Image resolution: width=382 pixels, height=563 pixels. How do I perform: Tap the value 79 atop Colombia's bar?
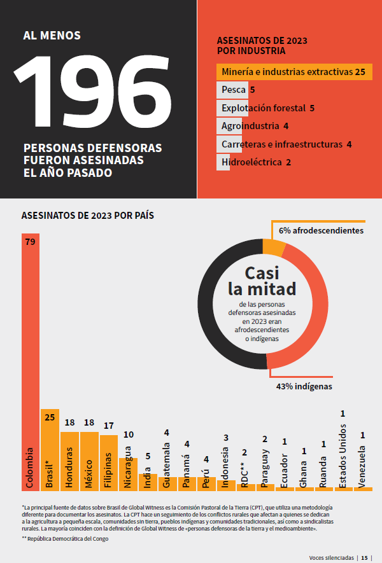coord(30,242)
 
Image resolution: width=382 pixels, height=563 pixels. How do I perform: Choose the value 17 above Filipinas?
coord(109,426)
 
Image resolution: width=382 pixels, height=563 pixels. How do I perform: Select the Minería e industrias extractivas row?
coord(294,72)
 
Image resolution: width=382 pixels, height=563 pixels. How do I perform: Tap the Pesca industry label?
coord(234,90)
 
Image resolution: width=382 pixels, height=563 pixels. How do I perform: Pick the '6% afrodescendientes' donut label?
coord(321,230)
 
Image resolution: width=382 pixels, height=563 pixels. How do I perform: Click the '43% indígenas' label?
coord(304,386)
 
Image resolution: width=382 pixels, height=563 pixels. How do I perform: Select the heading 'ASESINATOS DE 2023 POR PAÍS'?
coord(88,216)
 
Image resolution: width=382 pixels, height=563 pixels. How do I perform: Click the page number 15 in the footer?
coord(365,557)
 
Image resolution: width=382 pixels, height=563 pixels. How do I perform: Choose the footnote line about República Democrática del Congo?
coord(65,539)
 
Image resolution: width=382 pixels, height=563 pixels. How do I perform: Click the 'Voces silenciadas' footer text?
coord(331,557)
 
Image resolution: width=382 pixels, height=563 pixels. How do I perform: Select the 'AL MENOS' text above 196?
coord(52,36)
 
